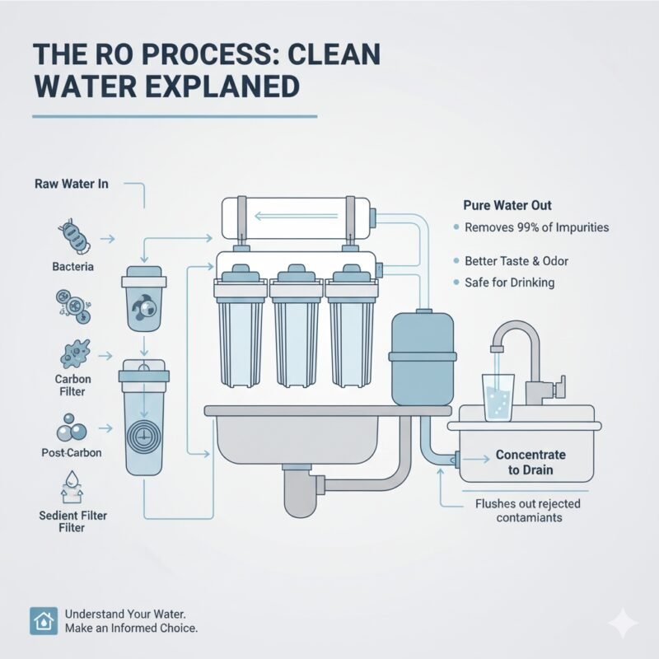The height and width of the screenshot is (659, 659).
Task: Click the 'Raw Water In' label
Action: pos(72,184)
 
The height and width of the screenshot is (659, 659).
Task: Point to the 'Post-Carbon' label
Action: pos(71,453)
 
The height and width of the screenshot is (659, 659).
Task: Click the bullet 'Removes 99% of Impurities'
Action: pos(536,227)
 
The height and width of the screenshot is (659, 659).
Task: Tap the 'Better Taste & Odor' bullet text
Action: pos(516,260)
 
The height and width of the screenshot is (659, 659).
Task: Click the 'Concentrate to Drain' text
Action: pos(530,462)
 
